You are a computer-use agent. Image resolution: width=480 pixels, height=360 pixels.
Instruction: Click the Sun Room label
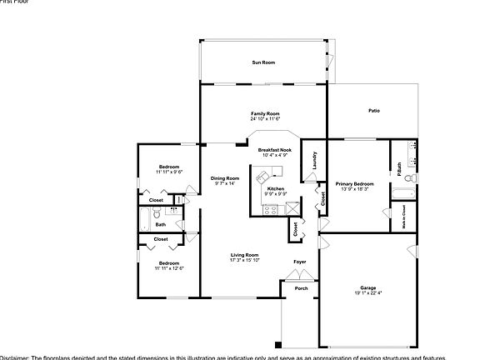[x=263, y=62]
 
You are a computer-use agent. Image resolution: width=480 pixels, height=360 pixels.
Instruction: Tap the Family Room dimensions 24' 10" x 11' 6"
[x=264, y=118]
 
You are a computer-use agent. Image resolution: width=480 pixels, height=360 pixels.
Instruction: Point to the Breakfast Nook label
[x=274, y=149]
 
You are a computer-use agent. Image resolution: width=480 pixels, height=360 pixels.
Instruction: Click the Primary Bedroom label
[x=354, y=183]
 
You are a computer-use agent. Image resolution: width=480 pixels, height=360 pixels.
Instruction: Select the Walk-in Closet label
[x=404, y=215]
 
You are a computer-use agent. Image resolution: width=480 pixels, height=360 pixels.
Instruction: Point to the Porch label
[x=301, y=288]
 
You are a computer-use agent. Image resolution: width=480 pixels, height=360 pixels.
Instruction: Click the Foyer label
[x=299, y=262]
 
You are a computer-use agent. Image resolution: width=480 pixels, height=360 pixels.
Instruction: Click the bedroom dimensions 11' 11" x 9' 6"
[x=170, y=172]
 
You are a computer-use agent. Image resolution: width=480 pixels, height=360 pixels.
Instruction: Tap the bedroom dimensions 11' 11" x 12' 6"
[x=169, y=267]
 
